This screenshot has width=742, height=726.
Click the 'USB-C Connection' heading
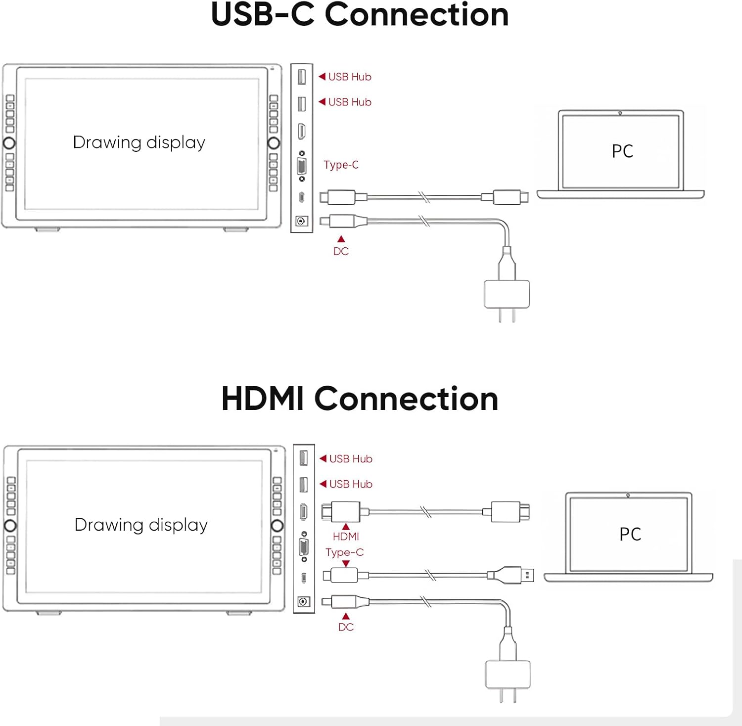(360, 15)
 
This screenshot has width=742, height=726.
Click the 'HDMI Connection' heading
(360, 399)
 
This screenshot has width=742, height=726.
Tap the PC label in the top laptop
(622, 151)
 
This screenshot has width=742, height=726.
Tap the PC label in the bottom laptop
(630, 534)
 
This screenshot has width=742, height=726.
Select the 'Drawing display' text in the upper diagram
(139, 142)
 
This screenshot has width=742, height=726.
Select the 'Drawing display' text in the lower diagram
(141, 525)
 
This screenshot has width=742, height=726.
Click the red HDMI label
(346, 537)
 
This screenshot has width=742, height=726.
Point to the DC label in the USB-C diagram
(341, 251)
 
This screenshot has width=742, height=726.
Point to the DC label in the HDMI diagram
(346, 627)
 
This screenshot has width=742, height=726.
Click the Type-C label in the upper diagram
(341, 165)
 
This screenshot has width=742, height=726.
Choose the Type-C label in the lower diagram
(344, 552)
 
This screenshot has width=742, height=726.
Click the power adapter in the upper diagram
(507, 294)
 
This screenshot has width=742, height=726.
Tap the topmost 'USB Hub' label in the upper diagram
(350, 77)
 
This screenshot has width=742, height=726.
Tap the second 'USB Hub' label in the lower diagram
(351, 484)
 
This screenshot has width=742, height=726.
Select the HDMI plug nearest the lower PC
(510, 512)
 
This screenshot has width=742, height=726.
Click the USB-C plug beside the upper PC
(510, 197)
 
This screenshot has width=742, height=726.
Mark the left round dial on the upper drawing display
(9, 143)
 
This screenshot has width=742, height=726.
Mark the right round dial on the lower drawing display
(277, 525)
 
